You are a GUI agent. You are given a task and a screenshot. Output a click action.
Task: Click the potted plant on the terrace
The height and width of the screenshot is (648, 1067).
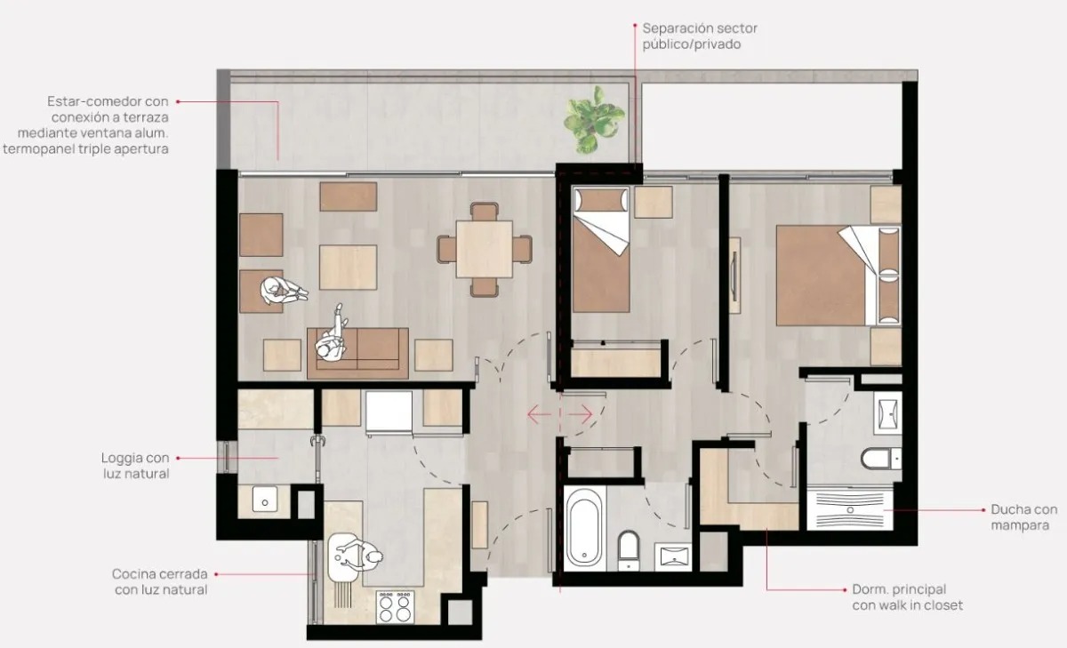[x=594, y=120]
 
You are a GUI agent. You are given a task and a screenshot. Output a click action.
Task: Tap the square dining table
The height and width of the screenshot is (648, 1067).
[x=484, y=249]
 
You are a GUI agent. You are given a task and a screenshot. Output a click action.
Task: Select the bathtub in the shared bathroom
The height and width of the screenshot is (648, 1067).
[x=584, y=528]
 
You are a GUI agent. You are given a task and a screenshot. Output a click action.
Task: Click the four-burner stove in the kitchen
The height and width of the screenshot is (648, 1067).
[x=395, y=607]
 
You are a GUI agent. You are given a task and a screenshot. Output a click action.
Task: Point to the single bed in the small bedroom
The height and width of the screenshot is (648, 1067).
[x=601, y=250]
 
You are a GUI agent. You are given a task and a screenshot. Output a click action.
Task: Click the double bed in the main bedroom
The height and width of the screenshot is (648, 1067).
[x=838, y=276]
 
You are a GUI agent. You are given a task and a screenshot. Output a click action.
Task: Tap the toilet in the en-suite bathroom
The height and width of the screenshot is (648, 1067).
[x=881, y=458]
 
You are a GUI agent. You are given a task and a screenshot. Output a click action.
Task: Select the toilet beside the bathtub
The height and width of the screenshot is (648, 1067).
[x=629, y=550]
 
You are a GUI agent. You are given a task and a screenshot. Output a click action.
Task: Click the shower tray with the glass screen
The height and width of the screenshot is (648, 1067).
[x=850, y=509]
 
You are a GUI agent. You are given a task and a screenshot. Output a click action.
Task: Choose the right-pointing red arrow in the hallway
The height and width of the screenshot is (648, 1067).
[x=578, y=414]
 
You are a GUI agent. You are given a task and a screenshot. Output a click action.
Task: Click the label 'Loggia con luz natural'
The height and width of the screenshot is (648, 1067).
[x=136, y=466]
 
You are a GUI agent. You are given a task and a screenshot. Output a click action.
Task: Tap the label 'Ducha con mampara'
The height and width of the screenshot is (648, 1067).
[x=1023, y=517]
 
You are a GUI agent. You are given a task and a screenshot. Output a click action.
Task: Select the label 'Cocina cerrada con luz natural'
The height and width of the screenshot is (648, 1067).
[x=160, y=581]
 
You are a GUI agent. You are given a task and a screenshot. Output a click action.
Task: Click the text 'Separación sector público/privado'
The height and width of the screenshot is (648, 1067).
[x=700, y=36]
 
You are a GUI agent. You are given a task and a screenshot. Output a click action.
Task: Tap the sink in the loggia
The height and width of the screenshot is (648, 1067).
[x=264, y=499]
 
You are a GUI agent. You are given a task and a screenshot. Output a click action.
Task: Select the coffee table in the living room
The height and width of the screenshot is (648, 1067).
[x=349, y=267]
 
